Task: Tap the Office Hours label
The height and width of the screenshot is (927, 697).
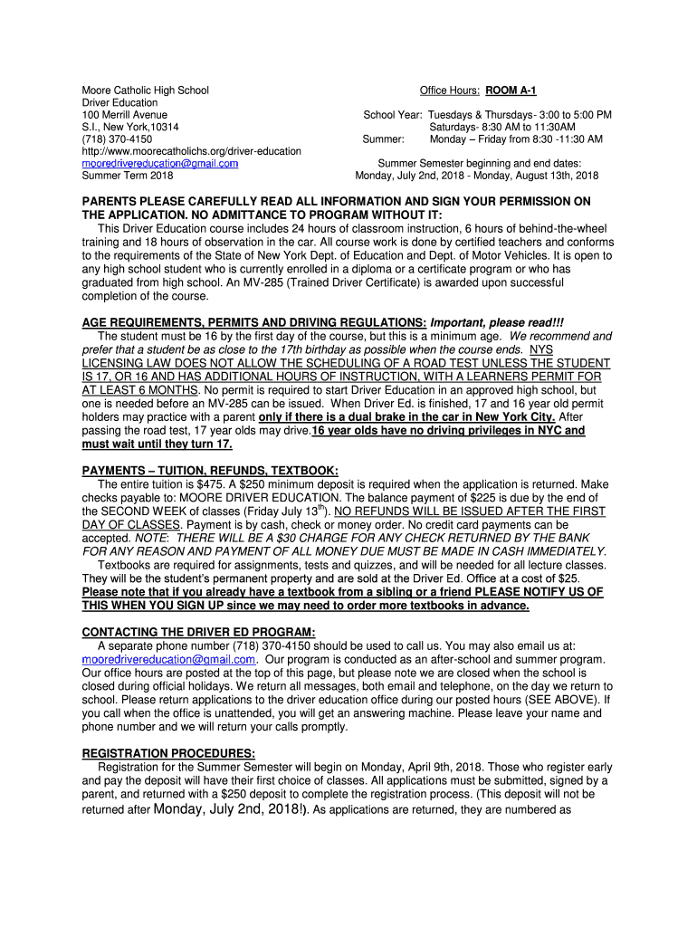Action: (x=450, y=91)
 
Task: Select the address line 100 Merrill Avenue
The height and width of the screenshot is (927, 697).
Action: (x=124, y=115)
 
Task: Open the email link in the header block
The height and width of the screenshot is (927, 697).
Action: (x=159, y=164)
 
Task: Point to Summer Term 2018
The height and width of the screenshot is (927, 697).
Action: (x=127, y=176)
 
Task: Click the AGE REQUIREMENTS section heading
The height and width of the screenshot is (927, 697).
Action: (x=254, y=323)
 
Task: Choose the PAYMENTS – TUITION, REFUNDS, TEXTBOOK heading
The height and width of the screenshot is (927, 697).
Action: (x=210, y=471)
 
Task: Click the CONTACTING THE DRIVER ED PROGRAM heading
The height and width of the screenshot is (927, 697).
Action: (x=198, y=631)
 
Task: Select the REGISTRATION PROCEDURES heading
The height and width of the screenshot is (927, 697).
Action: (x=168, y=753)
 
